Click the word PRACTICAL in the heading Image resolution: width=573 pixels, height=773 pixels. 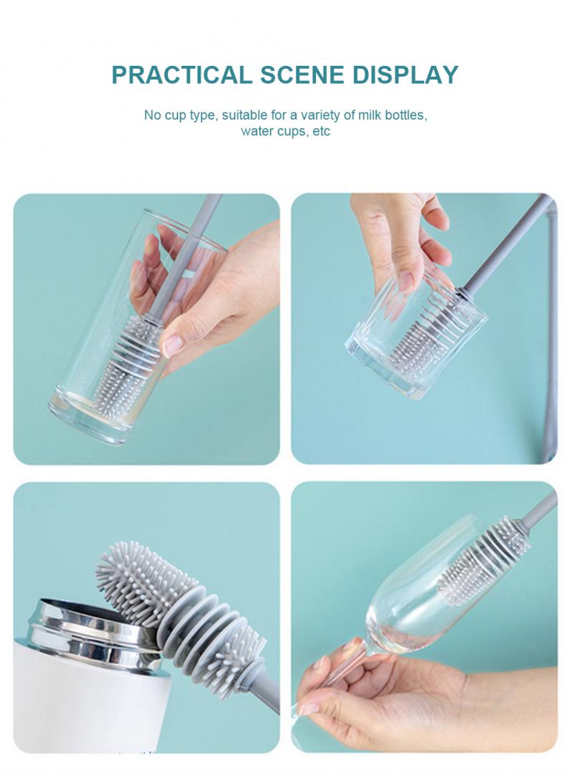pyautogui.click(x=181, y=75)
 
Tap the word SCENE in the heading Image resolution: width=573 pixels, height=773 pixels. pyautogui.click(x=302, y=75)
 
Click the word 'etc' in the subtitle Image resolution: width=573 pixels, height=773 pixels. pyautogui.click(x=321, y=132)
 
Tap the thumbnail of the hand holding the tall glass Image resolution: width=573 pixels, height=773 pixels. pyautogui.click(x=146, y=329)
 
